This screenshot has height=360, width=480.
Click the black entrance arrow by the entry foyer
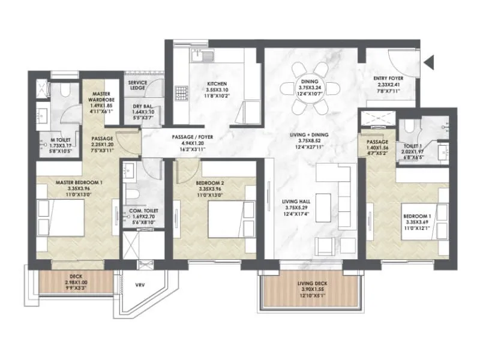pyautogui.click(x=428, y=61)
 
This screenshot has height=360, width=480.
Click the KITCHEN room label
pyautogui.click(x=217, y=84)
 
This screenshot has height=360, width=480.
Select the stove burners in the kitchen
pyautogui.click(x=181, y=93)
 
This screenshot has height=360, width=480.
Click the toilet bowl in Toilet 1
pyautogui.click(x=409, y=126)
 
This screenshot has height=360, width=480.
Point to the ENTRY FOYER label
pyautogui.click(x=388, y=79)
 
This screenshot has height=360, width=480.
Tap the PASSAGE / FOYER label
pyautogui.click(x=193, y=137)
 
